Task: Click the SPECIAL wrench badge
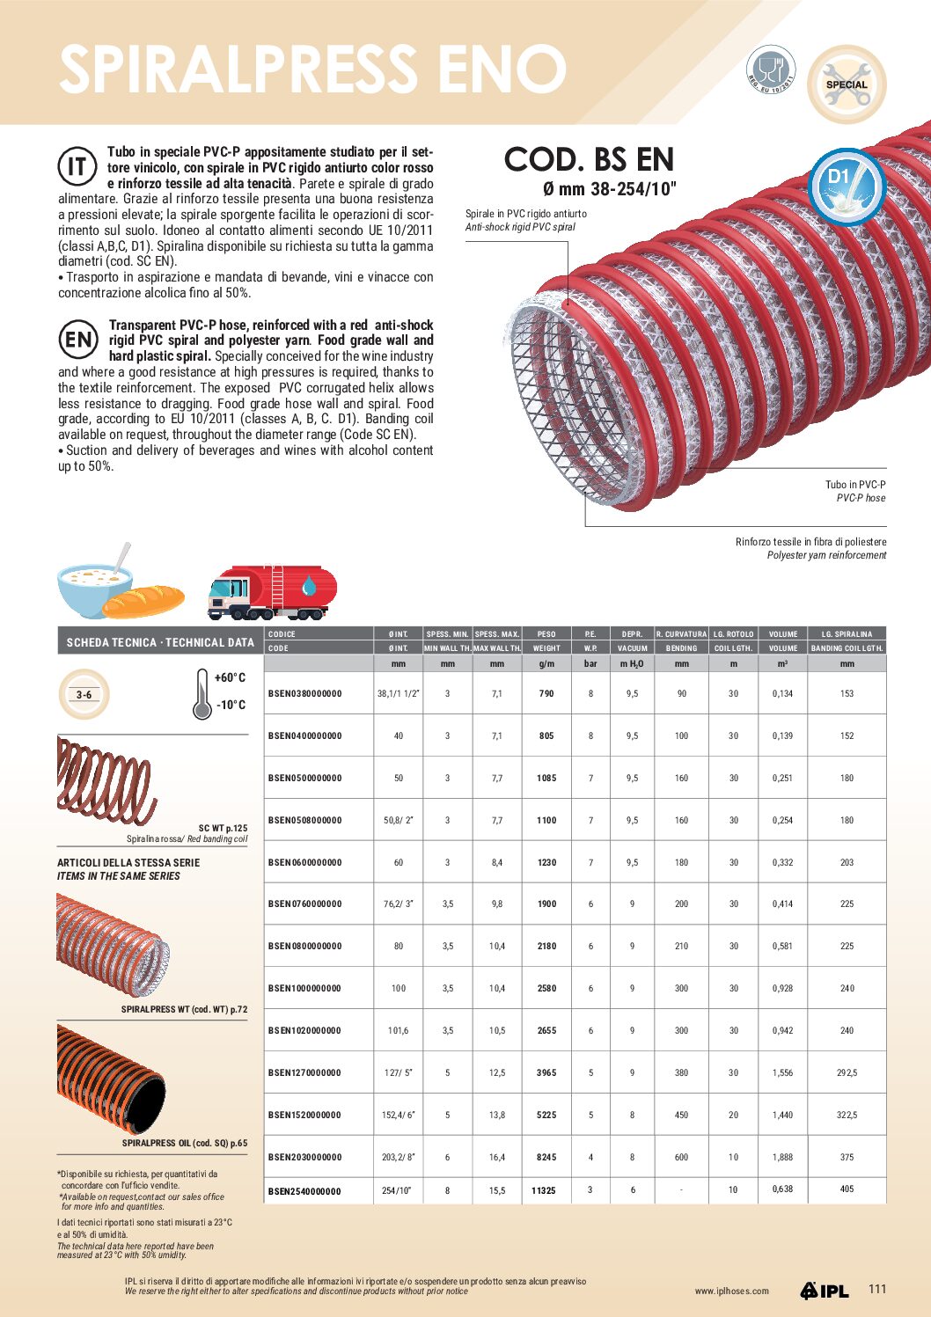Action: point(846,85)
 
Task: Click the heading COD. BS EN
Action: point(589,160)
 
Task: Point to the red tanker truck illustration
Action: point(272,591)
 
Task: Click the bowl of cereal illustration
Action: point(96,585)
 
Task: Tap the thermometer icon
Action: point(202,693)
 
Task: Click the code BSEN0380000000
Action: point(304,694)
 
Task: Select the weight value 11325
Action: point(544,1191)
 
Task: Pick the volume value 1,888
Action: point(782,1158)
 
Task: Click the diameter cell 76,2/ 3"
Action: point(399,904)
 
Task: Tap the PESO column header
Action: point(546,634)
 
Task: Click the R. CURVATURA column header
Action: point(681,634)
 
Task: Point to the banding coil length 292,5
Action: point(847,1073)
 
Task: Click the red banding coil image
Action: point(105,779)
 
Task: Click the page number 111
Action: point(877,1289)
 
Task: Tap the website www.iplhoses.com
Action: point(731,1291)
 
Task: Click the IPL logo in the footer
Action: point(825,1291)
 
